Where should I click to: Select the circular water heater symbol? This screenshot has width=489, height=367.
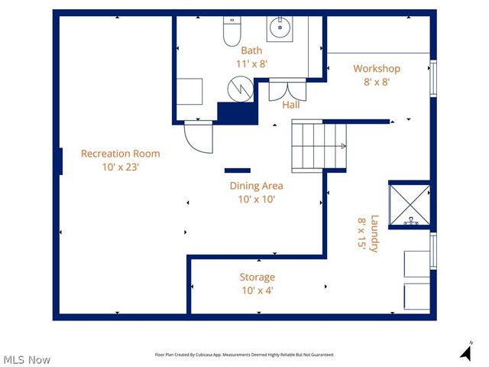(x=241, y=89)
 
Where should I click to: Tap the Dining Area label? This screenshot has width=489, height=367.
(x=256, y=186)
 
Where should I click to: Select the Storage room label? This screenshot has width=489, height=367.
(x=257, y=277)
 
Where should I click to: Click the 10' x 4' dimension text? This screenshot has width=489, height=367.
(x=257, y=290)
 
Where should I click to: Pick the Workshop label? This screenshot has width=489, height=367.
(x=376, y=69)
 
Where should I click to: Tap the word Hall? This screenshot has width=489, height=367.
(x=291, y=105)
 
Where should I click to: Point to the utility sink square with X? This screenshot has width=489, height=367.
(x=410, y=205)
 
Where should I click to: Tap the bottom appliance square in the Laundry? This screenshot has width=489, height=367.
(x=417, y=295)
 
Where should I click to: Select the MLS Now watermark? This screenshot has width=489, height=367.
(x=27, y=359)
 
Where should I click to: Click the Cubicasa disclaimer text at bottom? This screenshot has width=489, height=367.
(x=244, y=355)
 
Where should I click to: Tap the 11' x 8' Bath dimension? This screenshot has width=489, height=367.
(x=251, y=64)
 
